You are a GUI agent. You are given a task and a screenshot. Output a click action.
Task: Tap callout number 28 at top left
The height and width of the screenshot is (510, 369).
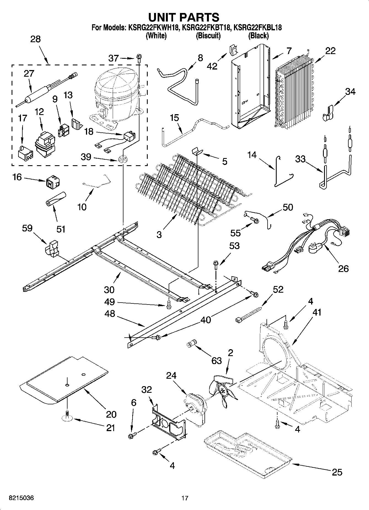click(x=35, y=39)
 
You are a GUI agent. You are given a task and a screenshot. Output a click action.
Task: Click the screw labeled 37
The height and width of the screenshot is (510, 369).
click(x=138, y=58)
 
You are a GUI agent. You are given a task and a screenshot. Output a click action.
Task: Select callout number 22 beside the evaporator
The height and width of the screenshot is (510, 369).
click(x=330, y=51)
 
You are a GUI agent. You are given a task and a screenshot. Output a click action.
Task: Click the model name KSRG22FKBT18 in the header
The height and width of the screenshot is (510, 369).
click(x=206, y=28)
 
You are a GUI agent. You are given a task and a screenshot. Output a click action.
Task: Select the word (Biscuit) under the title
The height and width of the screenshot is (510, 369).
click(x=208, y=36)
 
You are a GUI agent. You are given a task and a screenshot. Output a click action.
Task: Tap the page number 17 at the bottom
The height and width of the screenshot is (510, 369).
click(x=185, y=498)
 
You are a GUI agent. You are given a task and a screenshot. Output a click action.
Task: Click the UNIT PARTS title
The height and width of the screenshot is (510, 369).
click(x=184, y=17)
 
